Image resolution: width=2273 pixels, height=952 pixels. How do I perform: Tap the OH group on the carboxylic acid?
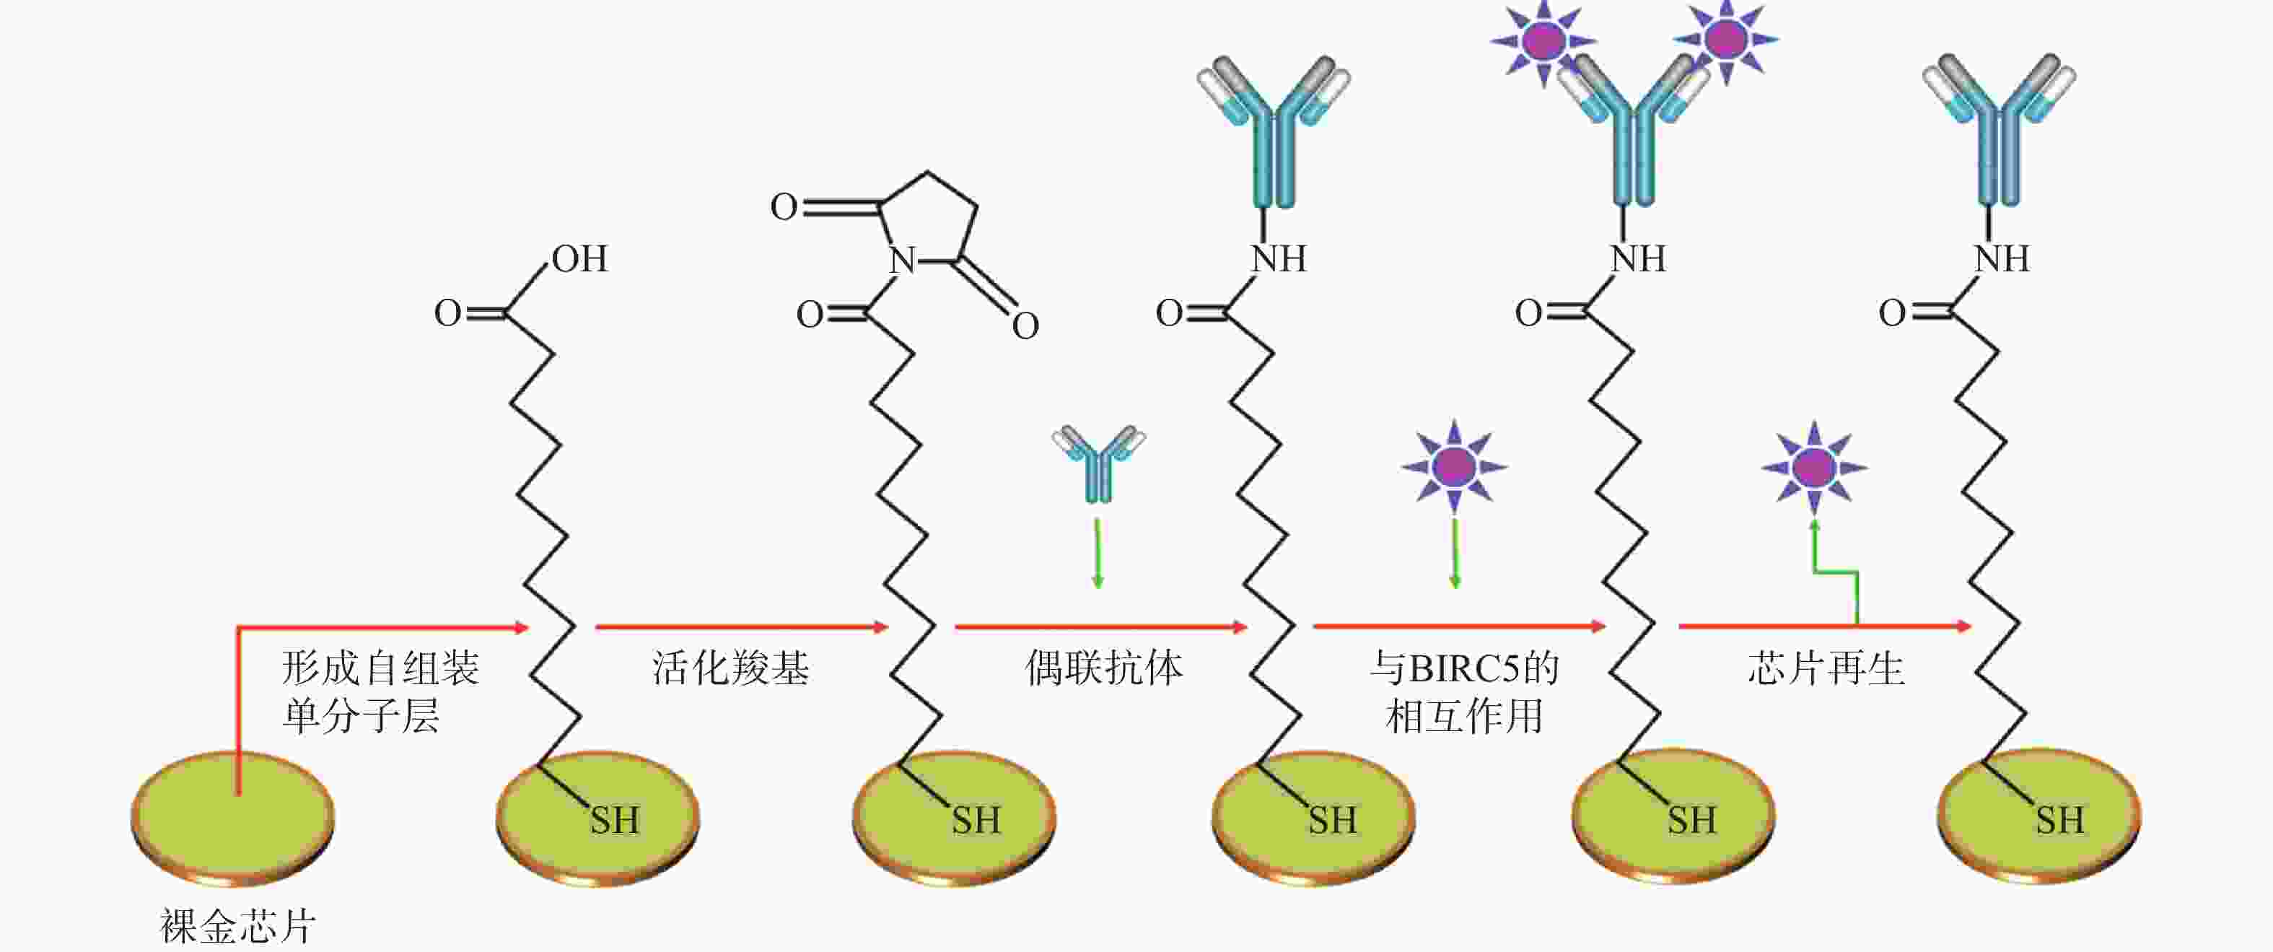(x=579, y=258)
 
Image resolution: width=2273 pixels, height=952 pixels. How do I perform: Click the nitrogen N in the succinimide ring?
(x=902, y=261)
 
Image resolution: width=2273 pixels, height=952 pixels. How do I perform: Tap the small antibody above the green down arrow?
(x=1098, y=463)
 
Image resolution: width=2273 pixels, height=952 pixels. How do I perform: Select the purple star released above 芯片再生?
(x=1814, y=468)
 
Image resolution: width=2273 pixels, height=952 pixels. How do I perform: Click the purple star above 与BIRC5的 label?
(x=1454, y=466)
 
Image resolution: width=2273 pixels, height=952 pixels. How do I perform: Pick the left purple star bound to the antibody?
(x=1543, y=40)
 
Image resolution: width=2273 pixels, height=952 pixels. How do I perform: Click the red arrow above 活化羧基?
(x=741, y=627)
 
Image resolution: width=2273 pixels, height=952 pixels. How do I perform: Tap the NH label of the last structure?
(x=2001, y=259)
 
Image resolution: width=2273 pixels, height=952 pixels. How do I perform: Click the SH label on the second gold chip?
(x=615, y=821)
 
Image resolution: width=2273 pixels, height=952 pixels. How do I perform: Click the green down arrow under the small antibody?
(x=1098, y=553)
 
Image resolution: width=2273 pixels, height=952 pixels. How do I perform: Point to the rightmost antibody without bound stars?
(x=2000, y=130)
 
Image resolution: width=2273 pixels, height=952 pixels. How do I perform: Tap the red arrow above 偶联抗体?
(x=1101, y=627)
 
